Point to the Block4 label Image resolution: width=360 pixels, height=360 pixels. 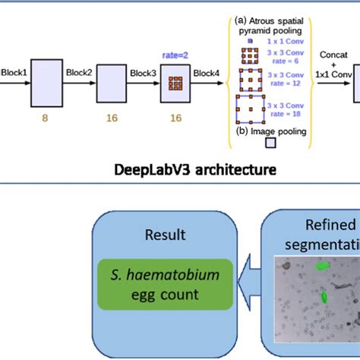click(x=207, y=72)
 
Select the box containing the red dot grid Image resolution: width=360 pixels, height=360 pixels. click(x=175, y=84)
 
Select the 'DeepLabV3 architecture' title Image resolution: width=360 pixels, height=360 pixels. click(x=180, y=169)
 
